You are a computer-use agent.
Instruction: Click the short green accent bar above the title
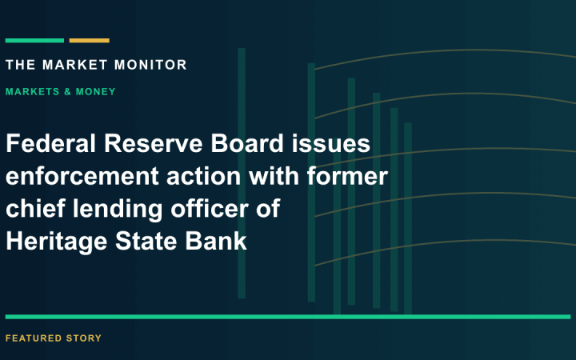coord(34,41)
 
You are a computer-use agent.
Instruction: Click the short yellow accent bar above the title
coord(90,41)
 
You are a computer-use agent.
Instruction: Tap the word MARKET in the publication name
coord(75,65)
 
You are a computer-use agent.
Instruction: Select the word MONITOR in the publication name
coord(150,65)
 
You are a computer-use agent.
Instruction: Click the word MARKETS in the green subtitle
coord(32,91)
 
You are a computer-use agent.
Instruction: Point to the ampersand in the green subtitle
coord(67,91)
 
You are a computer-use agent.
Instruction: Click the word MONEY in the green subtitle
coord(95,91)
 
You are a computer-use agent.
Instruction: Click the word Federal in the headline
coord(50,143)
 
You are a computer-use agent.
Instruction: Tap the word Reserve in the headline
coord(153,143)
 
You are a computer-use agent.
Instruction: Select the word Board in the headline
coord(247,143)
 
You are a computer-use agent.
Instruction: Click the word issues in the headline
coord(331,143)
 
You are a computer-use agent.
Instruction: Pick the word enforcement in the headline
coord(82,176)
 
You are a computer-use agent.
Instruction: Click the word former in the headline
coord(347,175)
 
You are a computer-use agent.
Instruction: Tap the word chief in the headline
coord(35,208)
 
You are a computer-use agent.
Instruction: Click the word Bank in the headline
coord(216,241)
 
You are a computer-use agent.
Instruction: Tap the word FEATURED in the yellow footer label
coord(34,338)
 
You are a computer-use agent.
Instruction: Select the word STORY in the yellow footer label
coord(84,338)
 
